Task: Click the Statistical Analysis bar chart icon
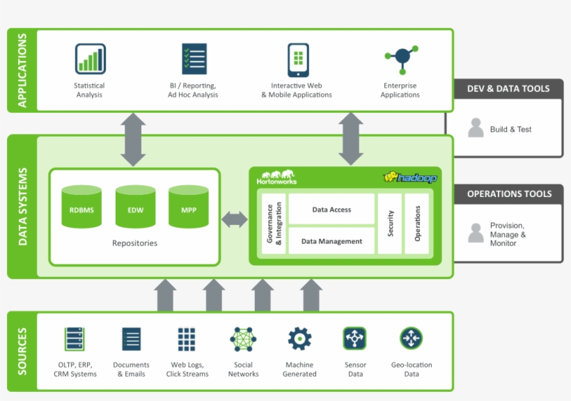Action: click(x=90, y=59)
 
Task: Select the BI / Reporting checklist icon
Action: click(x=194, y=59)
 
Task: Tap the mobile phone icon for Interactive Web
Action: click(x=298, y=60)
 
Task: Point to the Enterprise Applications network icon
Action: click(x=400, y=59)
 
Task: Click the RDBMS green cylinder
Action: click(x=81, y=207)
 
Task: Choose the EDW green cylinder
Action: click(x=135, y=207)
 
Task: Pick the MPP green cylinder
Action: click(x=189, y=207)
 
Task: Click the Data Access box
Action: click(x=331, y=210)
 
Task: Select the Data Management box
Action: click(x=331, y=241)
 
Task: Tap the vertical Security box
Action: click(x=390, y=223)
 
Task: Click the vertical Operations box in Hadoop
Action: click(x=418, y=223)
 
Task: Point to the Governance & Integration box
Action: click(x=274, y=223)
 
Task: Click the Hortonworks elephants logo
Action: click(x=276, y=177)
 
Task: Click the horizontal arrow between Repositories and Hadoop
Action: click(x=235, y=219)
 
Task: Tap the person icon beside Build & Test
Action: click(x=476, y=128)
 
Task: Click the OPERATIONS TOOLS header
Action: click(x=509, y=194)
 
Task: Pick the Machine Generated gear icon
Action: click(x=299, y=339)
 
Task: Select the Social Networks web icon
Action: click(x=243, y=339)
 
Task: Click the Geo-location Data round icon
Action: click(x=412, y=338)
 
